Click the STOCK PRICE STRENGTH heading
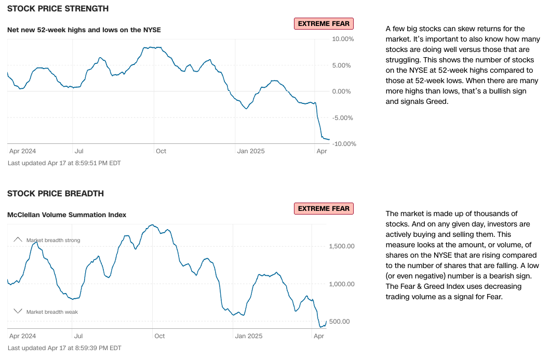58,9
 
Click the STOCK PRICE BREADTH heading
56,194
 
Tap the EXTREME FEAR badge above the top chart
324,23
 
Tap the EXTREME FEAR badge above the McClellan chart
324,209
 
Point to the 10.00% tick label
343,39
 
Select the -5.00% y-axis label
343,118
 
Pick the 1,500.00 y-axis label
342,246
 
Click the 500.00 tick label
340,322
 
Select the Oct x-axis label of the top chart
161,151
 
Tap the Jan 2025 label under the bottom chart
249,336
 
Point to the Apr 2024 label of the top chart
23,151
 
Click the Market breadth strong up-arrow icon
18,239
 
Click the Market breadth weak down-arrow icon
18,311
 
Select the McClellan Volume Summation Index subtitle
66,215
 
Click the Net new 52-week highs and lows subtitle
84,30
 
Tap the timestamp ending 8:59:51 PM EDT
64,163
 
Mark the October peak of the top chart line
151,47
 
